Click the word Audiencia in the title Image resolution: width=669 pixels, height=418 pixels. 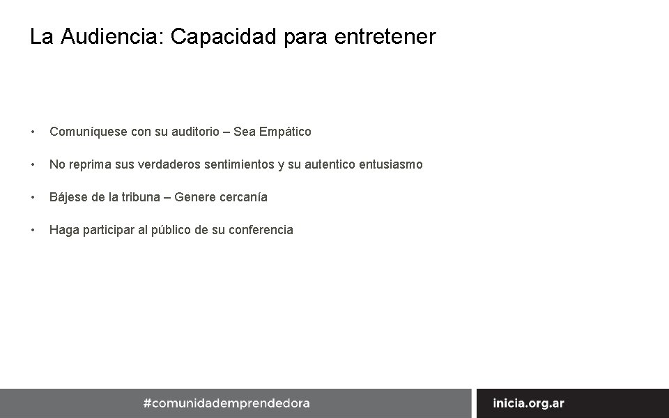(110, 36)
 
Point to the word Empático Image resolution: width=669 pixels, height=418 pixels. (284, 132)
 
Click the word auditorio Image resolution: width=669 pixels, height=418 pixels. (188, 132)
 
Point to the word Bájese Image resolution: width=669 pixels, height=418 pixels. (69, 197)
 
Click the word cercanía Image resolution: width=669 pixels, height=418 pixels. (243, 197)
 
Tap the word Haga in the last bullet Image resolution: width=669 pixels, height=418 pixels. (64, 230)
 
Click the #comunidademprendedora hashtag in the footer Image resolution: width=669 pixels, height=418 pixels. (226, 403)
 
